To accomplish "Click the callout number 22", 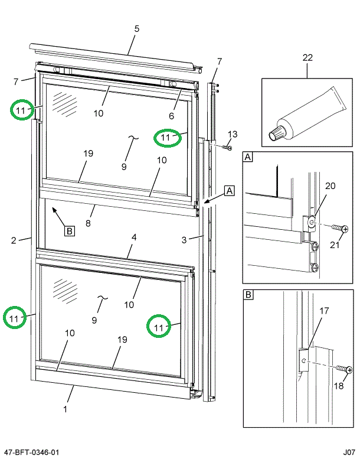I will tap(307, 57).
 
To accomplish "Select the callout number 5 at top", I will tap(136, 28).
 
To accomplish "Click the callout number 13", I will tap(232, 134).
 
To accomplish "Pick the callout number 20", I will tap(330, 185).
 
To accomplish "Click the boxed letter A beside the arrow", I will tap(229, 190).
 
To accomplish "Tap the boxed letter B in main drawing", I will tap(69, 231).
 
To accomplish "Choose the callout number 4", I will tap(134, 237).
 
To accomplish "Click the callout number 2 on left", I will tap(13, 240).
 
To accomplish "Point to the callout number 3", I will tap(184, 239).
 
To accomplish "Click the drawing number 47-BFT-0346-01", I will tap(31, 453).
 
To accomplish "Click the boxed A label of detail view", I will tap(248, 157).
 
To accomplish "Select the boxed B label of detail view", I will tap(248, 294).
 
